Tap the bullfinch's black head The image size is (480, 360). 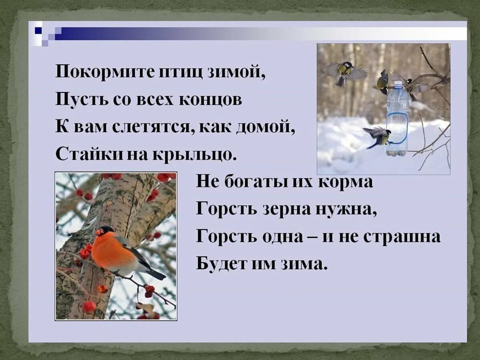[x=105, y=231]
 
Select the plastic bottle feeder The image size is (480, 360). [x=397, y=120]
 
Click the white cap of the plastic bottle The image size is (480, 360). [x=398, y=84]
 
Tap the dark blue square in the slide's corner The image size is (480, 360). [x=38, y=30]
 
